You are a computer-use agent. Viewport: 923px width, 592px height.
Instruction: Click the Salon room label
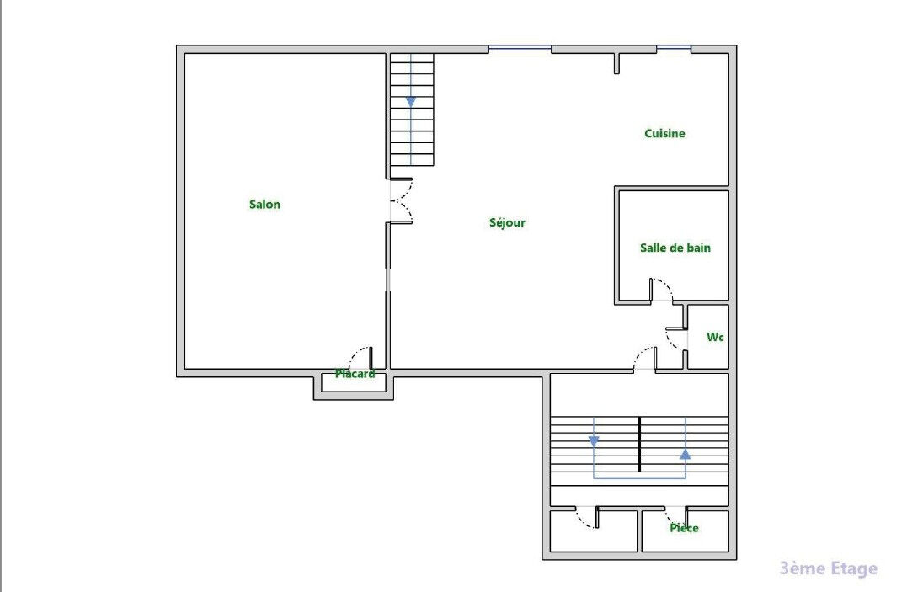coord(265,204)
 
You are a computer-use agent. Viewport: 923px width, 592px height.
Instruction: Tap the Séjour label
coord(507,222)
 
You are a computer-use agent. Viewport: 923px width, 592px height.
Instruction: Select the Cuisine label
coord(664,134)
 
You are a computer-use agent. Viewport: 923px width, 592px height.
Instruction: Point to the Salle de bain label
coord(675,248)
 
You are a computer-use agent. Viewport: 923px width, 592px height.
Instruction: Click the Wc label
coord(715,337)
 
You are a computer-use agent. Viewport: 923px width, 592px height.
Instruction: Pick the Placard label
coord(355,374)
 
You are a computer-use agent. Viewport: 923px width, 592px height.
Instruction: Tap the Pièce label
coord(684,528)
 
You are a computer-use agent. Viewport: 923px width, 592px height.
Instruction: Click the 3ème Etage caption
coord(829,568)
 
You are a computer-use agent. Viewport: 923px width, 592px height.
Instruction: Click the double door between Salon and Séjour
coord(402,200)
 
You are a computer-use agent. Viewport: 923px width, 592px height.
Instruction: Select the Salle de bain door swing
coord(662,290)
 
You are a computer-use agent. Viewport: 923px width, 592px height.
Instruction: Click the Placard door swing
coord(360,358)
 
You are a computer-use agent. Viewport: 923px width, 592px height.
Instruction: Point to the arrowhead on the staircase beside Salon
coord(411,103)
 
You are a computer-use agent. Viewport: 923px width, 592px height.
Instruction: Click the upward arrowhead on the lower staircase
coord(686,454)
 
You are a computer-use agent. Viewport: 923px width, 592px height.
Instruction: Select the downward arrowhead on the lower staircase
coord(594,440)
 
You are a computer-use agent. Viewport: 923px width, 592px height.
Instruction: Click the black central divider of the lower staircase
coord(639,445)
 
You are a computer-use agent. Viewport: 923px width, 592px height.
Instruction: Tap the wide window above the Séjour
coord(520,48)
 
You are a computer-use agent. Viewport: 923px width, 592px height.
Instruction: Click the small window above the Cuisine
coord(674,48)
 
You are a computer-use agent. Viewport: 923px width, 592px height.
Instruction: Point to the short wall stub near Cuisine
coord(616,63)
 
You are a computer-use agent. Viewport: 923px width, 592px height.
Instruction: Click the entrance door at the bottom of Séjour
coord(644,359)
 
